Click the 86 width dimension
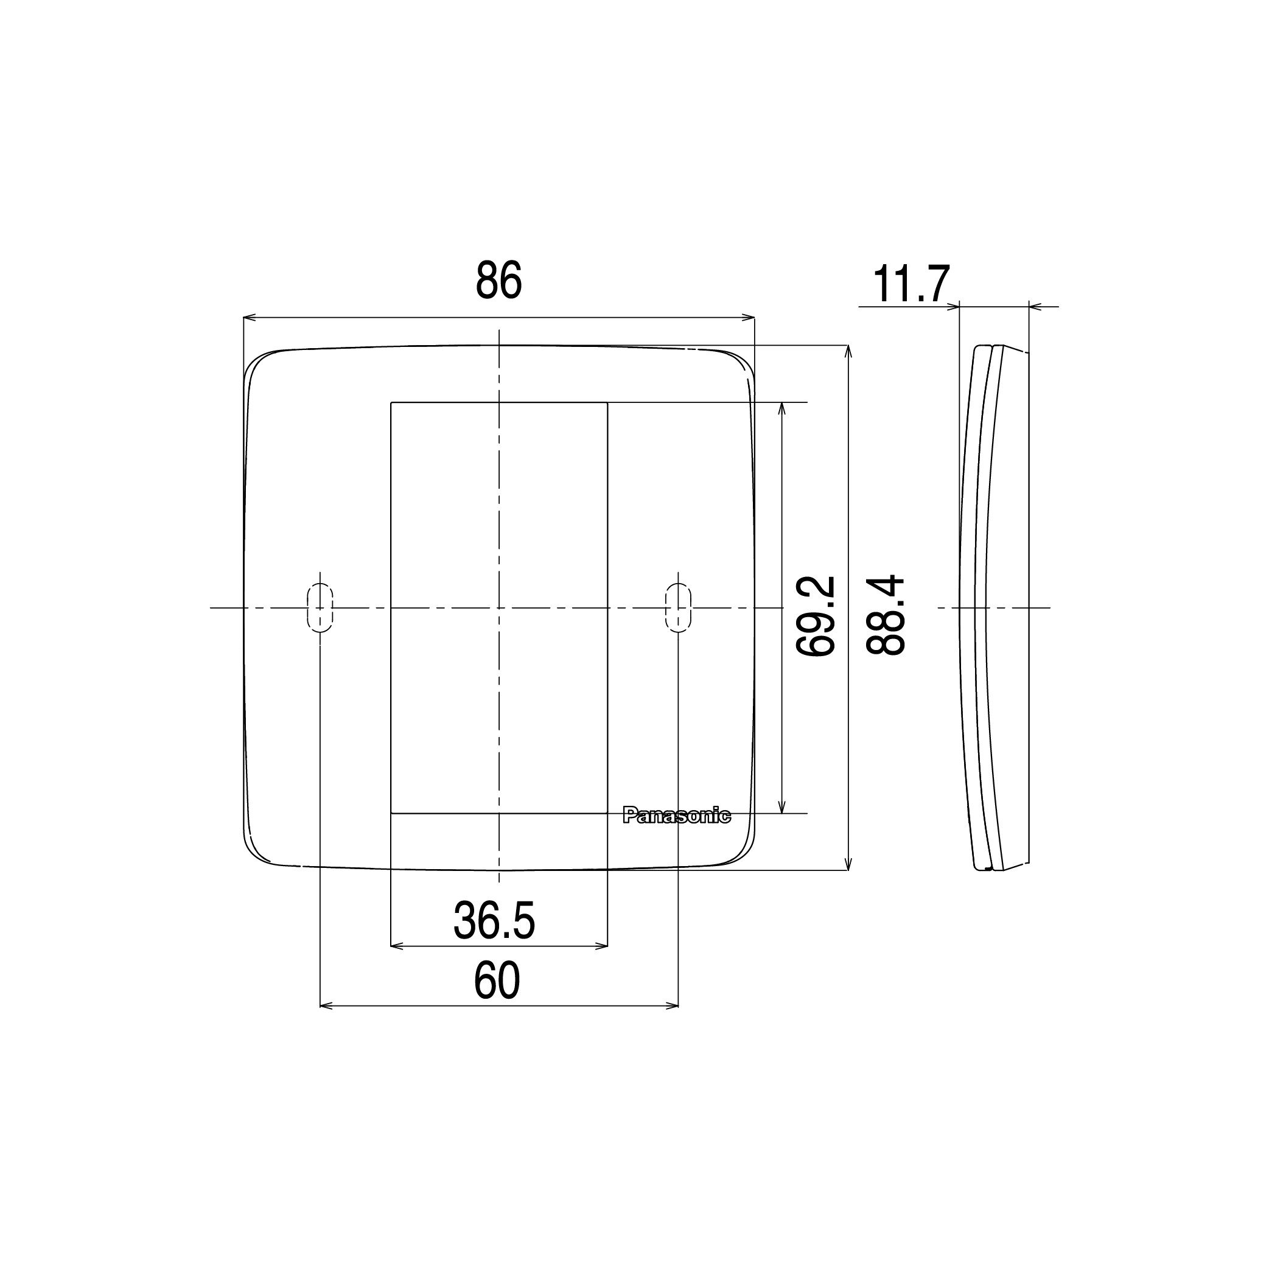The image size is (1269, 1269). tap(498, 281)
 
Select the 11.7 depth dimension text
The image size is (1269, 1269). tap(911, 285)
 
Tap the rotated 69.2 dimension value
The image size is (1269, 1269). tap(815, 615)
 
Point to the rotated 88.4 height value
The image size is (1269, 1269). tap(886, 615)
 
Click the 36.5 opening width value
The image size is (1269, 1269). tap(494, 921)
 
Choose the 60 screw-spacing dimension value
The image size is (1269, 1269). tap(497, 981)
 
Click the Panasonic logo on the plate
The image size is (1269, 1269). tap(677, 816)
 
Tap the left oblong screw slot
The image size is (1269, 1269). tap(320, 608)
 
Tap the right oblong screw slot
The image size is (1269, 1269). tap(678, 608)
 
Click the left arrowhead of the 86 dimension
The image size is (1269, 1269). tap(248, 318)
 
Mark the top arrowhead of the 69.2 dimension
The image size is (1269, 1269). tap(781, 407)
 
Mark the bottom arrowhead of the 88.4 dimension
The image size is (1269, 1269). tap(849, 865)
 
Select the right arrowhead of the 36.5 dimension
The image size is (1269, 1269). tap(603, 946)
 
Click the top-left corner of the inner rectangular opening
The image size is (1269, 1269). tap(391, 402)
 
